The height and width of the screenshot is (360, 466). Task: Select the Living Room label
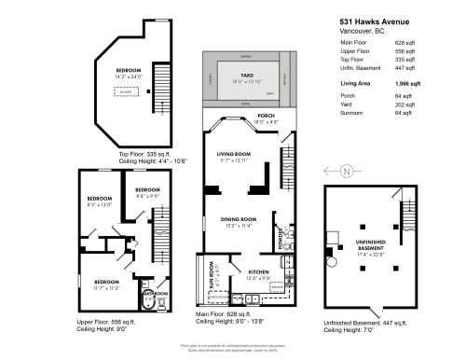point(236,155)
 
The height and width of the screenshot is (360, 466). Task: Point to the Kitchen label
point(233,271)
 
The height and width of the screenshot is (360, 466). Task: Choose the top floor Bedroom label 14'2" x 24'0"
point(128,71)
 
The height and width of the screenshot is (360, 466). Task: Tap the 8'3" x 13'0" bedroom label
point(100,200)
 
